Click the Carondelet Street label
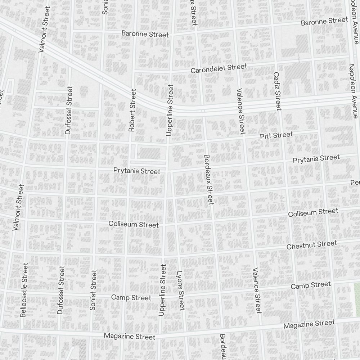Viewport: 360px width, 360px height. pos(219,68)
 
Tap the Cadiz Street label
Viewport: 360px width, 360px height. pos(277,91)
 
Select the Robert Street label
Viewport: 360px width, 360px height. pos(132,110)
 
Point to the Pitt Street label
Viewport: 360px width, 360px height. pos(276,136)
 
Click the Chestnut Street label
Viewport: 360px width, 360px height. pos(311,245)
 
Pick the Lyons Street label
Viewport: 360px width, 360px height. pos(180,290)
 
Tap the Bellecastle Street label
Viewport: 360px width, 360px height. pos(24,290)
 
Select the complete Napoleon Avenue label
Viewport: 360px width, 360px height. pos(353,91)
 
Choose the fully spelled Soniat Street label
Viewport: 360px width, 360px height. pos(94,290)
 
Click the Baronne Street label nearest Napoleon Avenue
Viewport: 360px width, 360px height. pos(324,22)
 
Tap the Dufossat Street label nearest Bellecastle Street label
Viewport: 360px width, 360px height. pos(61,290)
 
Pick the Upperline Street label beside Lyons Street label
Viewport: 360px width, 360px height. pos(163,290)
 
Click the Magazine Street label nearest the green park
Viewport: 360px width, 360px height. pos(309,324)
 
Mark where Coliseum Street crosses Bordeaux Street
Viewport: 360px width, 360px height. pos(213,218)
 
